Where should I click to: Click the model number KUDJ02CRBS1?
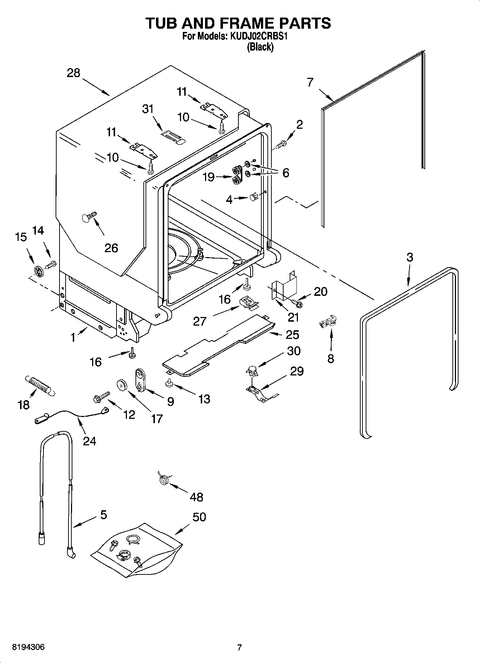[x=258, y=36]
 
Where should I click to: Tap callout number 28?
[x=73, y=73]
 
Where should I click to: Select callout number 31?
[x=148, y=109]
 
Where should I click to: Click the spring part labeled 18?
[x=39, y=386]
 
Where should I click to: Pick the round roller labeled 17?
[x=123, y=385]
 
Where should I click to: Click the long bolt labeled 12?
[x=101, y=396]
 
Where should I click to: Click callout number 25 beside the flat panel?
[x=293, y=334]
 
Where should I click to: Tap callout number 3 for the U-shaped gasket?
[x=409, y=257]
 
